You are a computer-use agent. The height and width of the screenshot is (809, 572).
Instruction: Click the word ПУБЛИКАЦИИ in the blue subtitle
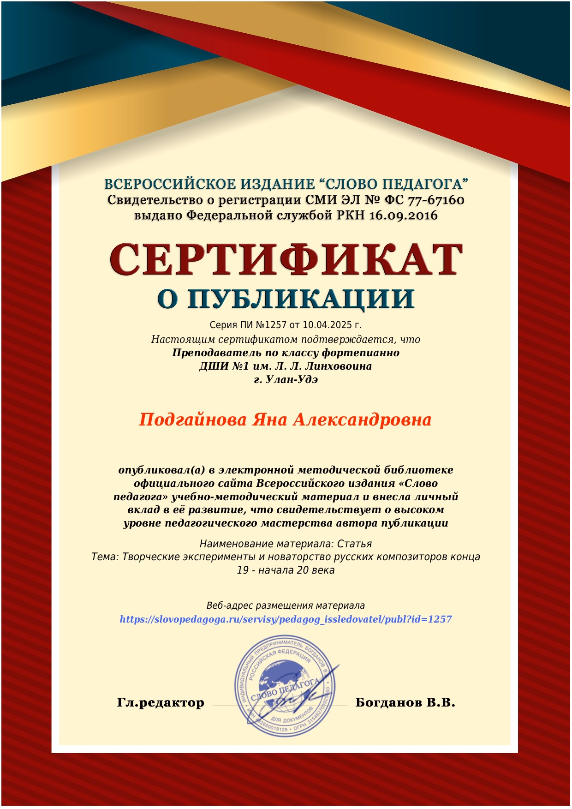click(x=301, y=299)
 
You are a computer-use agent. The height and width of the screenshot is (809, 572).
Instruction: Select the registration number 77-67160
click(x=436, y=200)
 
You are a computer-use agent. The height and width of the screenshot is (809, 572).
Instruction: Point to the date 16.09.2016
click(x=404, y=216)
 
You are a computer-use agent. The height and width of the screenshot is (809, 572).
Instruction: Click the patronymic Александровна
click(x=362, y=419)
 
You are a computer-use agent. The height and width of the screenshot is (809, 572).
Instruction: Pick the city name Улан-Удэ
click(x=292, y=380)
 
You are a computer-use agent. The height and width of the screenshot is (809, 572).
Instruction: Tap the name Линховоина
click(x=338, y=366)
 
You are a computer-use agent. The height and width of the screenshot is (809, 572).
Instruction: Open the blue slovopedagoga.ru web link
click(x=286, y=619)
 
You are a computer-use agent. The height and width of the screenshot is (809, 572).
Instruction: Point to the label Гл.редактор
click(x=161, y=703)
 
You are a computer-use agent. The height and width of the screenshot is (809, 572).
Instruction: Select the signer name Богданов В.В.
click(x=405, y=703)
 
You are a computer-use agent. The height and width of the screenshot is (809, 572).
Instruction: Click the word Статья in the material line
click(x=354, y=544)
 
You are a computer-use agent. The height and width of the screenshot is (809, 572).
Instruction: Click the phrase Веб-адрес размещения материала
click(x=286, y=605)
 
